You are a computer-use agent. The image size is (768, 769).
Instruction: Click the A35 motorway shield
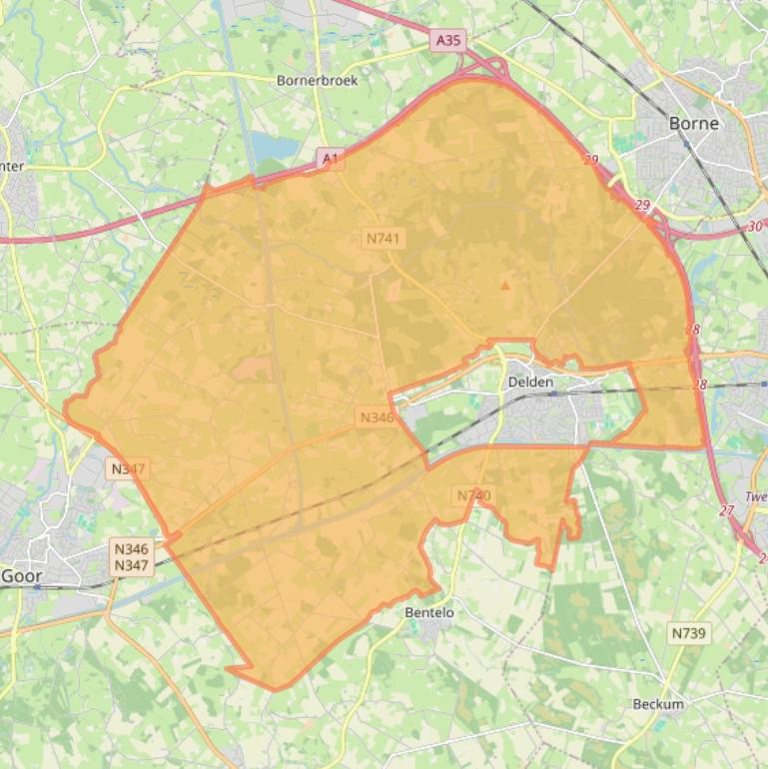(x=449, y=40)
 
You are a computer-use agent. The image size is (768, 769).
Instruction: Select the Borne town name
(x=693, y=125)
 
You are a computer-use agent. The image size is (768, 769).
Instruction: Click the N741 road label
(x=383, y=238)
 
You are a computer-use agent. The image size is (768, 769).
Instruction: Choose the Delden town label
(x=530, y=382)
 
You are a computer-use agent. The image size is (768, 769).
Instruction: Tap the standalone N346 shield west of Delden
(x=377, y=417)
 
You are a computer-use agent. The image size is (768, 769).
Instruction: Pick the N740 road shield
(x=474, y=495)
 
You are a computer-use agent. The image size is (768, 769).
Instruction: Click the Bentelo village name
(x=429, y=612)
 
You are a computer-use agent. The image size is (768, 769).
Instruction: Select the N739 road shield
(x=688, y=633)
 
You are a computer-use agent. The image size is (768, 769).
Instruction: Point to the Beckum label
(x=658, y=704)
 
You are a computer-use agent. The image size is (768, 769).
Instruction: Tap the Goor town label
(x=21, y=576)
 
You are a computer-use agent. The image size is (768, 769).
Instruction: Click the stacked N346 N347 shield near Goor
(x=132, y=557)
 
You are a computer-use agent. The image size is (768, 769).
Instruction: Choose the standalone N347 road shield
(x=128, y=468)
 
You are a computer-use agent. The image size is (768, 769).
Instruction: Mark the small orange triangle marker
(x=504, y=287)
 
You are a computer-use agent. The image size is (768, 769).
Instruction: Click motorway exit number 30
(x=755, y=227)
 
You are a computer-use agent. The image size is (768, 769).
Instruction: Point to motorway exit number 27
(x=726, y=510)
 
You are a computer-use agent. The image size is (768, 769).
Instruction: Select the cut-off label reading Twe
(x=756, y=496)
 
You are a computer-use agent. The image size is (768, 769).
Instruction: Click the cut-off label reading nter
(x=13, y=167)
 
